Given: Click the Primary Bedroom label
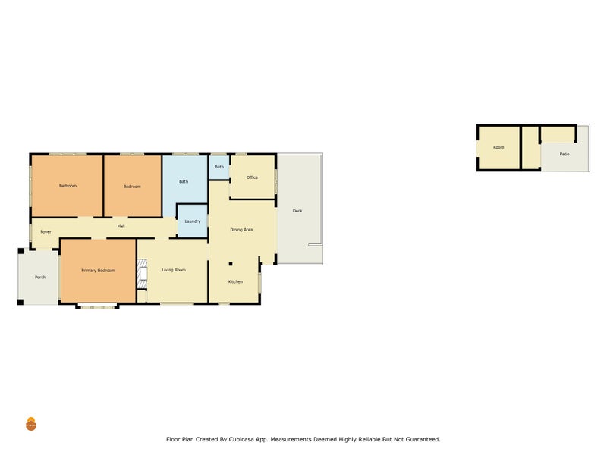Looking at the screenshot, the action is pos(98,271).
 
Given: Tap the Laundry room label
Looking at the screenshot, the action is pos(193,221).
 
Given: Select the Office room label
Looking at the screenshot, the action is pos(252,177).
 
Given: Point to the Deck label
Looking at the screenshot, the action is pos(297,211).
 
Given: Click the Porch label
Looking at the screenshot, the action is pos(40,277).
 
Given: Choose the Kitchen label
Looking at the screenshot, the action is pos(235,281).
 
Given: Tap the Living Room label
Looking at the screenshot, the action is pos(174,270).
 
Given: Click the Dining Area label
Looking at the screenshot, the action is pos(241,230).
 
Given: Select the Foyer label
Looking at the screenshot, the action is pos(46,232).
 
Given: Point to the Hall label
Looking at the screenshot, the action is pos(121,226).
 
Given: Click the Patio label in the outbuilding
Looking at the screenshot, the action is pos(565,154).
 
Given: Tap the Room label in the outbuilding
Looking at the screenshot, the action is pos(498,147).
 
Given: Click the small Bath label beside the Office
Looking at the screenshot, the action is pos(219,167).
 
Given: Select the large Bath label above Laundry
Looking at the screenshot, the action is pos(184,181).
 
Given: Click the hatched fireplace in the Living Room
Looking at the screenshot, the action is pos(143,274).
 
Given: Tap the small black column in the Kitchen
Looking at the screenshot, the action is pos(231,264).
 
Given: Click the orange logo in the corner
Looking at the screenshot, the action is pos(31,424).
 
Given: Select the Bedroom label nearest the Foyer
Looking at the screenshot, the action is pos(68,186).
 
